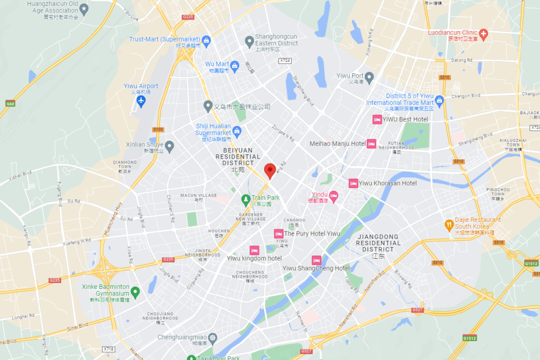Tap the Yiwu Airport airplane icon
[141, 101]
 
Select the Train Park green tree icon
[245, 199]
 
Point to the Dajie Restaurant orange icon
[449, 223]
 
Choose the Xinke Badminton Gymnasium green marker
[135, 291]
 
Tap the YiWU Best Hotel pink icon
[377, 120]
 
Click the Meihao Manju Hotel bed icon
[371, 143]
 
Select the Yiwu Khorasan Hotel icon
[353, 183]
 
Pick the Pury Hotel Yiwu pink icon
[278, 233]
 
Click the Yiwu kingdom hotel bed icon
[254, 250]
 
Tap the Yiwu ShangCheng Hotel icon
[316, 260]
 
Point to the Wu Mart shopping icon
[235, 65]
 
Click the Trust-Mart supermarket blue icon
[207, 40]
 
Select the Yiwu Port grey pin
[370, 77]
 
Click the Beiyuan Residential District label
[238, 157]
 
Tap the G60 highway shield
[9, 103]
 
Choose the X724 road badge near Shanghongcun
[285, 61]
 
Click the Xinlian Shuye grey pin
[169, 145]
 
